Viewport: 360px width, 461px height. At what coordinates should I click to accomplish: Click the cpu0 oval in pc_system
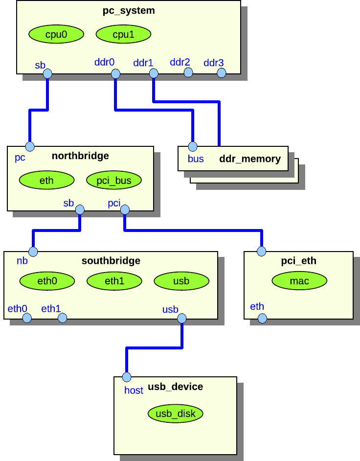point(56,34)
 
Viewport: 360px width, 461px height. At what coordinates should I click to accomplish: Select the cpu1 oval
point(123,34)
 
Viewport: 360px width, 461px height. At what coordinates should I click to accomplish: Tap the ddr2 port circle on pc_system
point(188,73)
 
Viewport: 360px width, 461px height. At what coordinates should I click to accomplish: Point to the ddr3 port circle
point(222,73)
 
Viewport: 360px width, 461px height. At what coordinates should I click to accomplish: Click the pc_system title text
point(129,10)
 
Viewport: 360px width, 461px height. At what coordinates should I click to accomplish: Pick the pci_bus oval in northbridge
point(114,181)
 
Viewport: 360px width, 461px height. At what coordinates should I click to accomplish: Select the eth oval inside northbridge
point(46,181)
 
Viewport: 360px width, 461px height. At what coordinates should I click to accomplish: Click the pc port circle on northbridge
point(30,146)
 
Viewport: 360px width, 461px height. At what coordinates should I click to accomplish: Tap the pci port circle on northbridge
point(125,210)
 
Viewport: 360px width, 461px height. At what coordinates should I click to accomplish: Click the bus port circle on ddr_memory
point(193,146)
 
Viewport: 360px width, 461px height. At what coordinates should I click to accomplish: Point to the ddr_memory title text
point(250,159)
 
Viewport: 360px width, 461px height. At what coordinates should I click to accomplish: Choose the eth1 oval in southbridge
point(114,281)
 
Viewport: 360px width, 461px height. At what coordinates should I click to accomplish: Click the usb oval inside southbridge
point(181,281)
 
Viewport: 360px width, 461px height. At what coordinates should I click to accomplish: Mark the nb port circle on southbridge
point(33,252)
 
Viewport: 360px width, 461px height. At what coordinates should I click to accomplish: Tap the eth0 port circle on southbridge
point(27,319)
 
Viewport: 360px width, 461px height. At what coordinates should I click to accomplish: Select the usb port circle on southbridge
point(182,319)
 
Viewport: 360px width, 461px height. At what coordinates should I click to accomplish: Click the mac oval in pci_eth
point(299,281)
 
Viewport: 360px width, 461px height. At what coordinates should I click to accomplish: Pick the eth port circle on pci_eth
point(262,319)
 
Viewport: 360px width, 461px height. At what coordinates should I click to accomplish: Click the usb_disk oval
point(175,414)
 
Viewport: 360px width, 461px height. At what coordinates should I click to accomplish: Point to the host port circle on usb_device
point(127,377)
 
